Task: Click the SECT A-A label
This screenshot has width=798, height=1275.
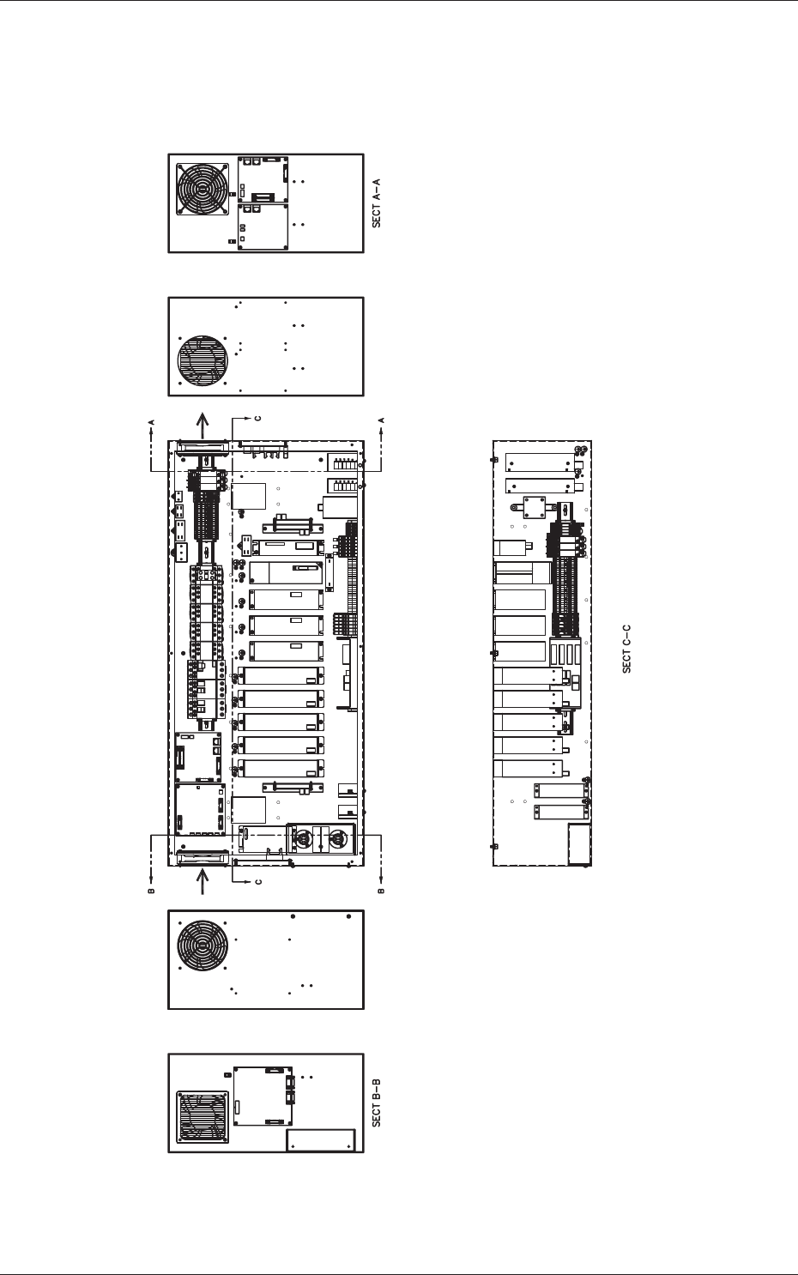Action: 376,203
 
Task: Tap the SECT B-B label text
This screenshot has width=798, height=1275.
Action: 376,1103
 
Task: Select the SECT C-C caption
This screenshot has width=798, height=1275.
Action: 626,649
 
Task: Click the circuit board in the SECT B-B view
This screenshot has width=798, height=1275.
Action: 263,1096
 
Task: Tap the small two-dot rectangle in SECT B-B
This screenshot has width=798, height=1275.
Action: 320,1140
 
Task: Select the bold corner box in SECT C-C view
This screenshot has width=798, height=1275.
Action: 580,844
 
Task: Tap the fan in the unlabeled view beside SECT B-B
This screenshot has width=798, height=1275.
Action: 203,948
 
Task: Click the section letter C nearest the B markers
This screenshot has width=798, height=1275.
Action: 257,882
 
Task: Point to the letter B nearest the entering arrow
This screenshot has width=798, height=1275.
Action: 151,891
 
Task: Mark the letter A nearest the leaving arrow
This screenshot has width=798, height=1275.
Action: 151,420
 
